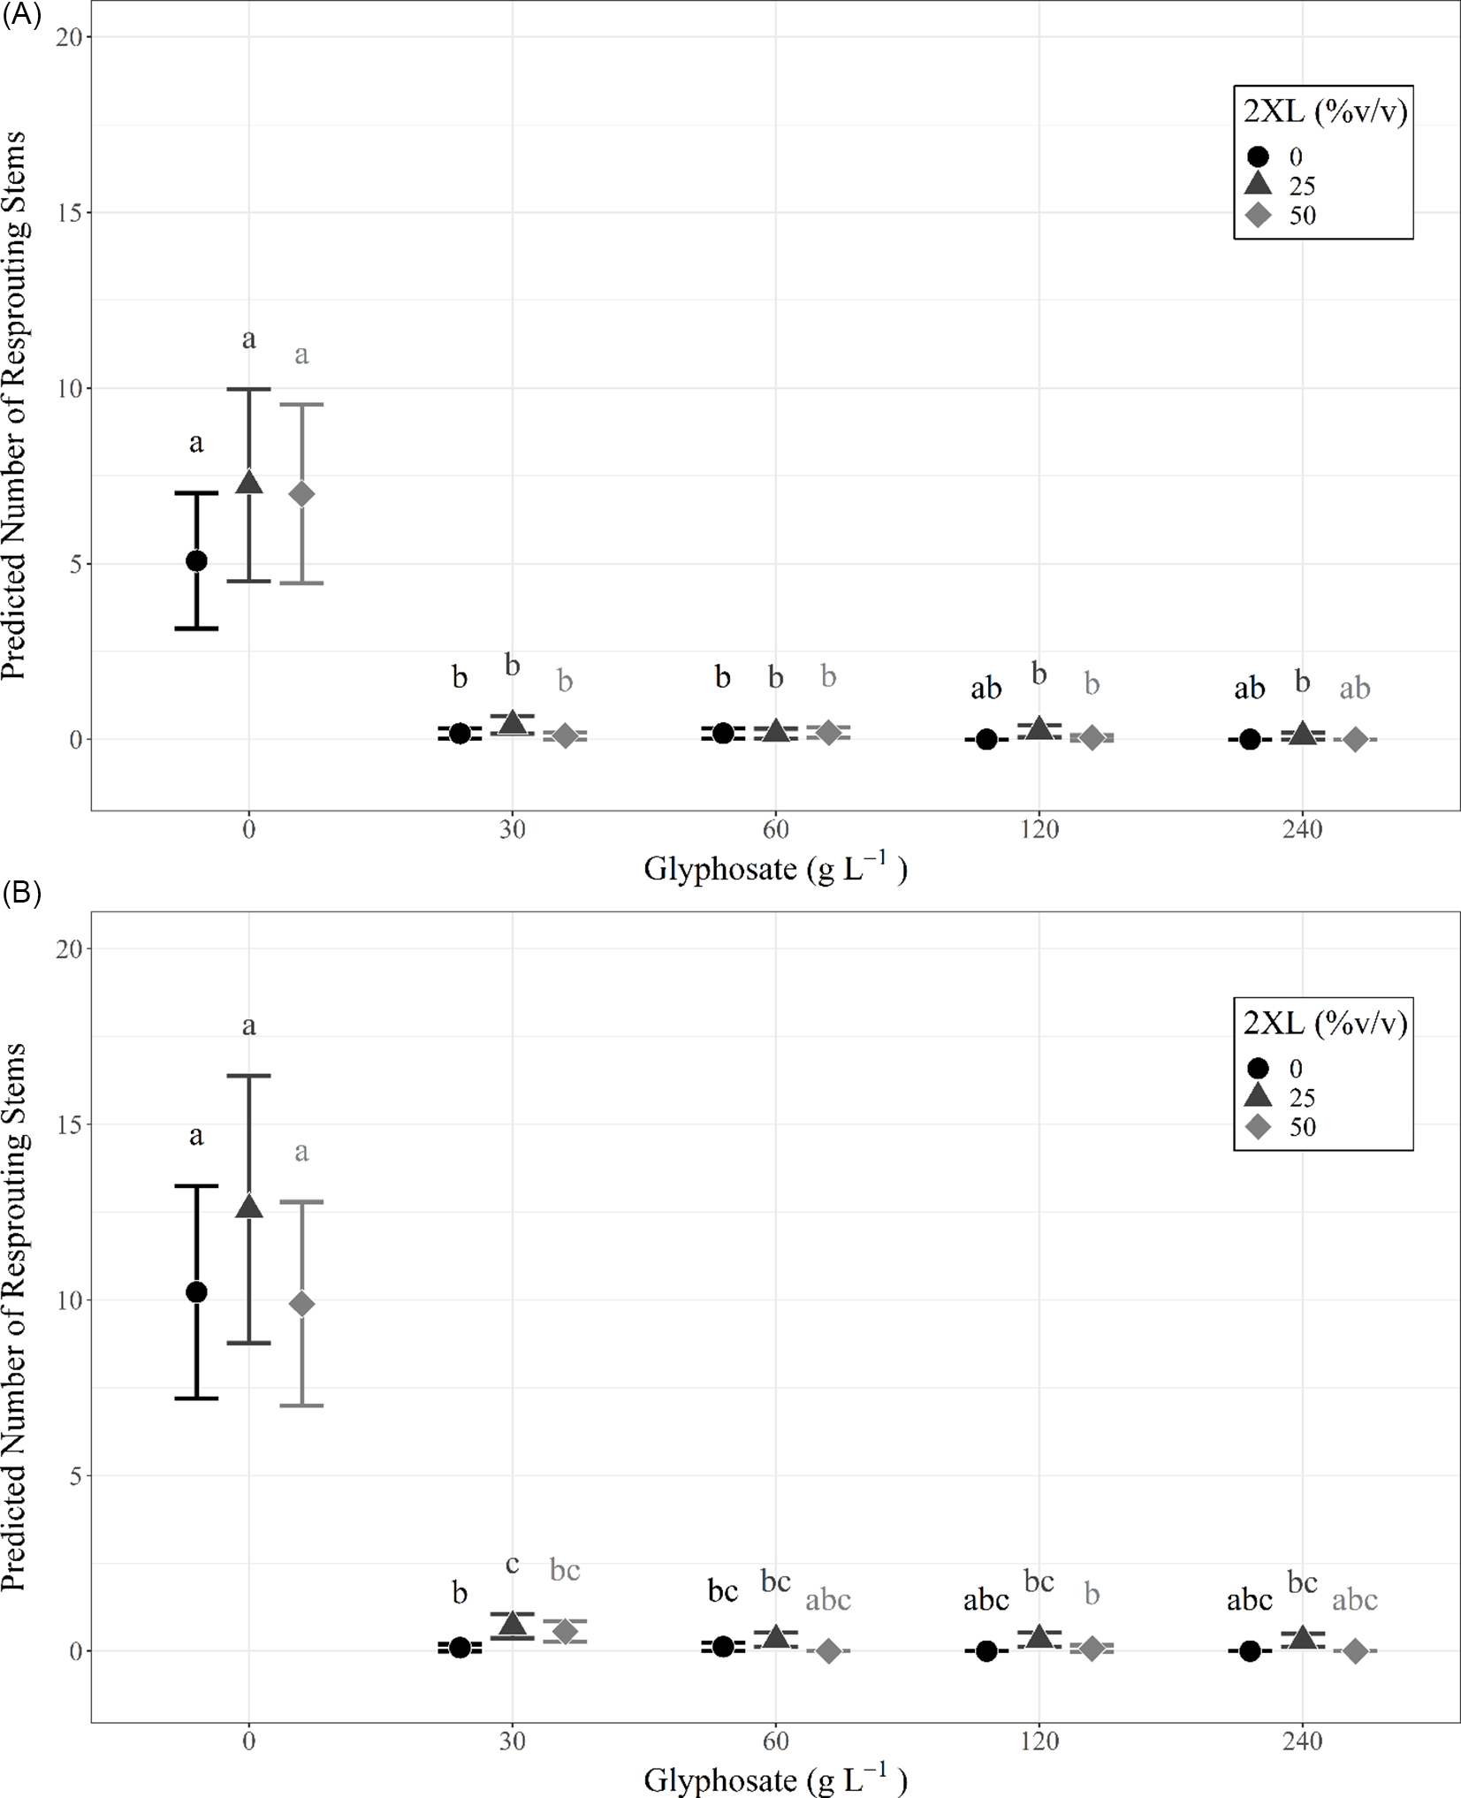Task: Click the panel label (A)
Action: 21,16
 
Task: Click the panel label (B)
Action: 21,894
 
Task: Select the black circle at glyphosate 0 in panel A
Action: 196,560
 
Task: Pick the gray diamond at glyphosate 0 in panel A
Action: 301,493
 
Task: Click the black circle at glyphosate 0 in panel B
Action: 196,1291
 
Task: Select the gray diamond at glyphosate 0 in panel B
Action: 301,1303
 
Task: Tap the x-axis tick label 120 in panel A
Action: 1039,829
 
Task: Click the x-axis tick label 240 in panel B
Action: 1302,1741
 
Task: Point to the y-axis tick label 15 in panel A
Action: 71,212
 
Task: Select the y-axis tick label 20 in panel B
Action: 69,949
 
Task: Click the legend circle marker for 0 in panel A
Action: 1258,156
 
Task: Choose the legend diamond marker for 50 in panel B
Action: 1258,1126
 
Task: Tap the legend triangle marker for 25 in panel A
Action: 1258,185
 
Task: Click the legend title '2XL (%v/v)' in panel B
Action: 1324,1023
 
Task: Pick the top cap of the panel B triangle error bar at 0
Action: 249,1076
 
